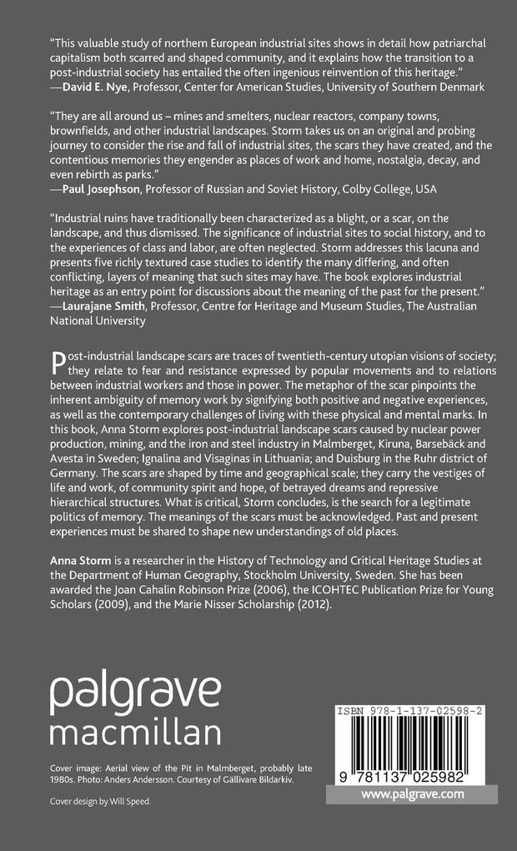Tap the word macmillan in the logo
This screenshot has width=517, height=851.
135,733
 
